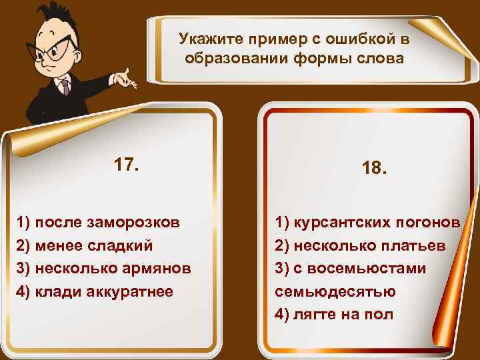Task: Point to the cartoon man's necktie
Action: click(64, 87)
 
